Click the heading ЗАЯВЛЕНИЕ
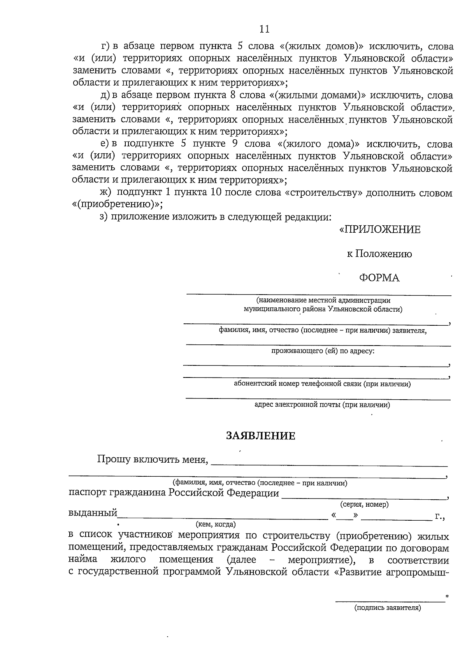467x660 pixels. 261,436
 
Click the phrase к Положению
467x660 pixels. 379,254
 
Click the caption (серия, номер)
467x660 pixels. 365,505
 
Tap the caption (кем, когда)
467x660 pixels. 216,524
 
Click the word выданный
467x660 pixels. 93,513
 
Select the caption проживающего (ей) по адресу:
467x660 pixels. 323,351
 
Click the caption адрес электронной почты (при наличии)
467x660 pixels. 322,405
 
